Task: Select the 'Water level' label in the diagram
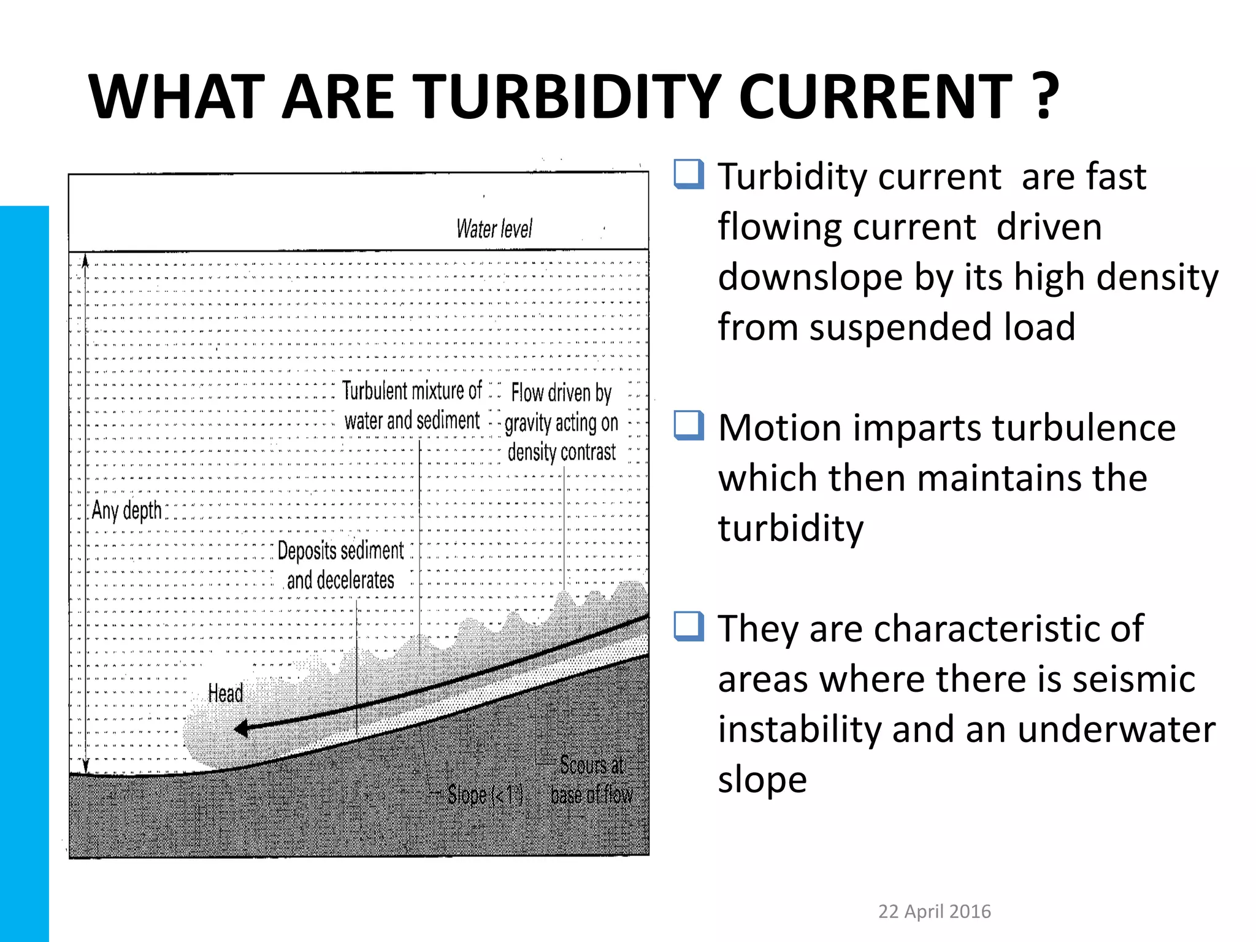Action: click(494, 229)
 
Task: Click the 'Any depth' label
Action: click(127, 510)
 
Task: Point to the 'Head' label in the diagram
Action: click(226, 694)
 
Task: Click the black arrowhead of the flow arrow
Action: click(241, 729)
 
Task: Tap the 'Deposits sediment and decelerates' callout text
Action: click(340, 565)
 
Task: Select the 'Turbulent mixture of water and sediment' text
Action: click(412, 405)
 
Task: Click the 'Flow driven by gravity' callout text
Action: click(561, 422)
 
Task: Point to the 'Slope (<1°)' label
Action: click(484, 795)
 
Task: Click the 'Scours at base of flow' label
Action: click(591, 779)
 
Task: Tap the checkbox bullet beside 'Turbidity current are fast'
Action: click(688, 175)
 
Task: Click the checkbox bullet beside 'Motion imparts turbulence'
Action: click(688, 426)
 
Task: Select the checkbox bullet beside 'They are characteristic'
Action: click(688, 626)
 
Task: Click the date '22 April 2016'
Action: click(934, 911)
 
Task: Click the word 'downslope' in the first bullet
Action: click(810, 277)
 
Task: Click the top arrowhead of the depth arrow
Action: click(86, 261)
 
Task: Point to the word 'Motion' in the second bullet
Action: click(779, 427)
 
